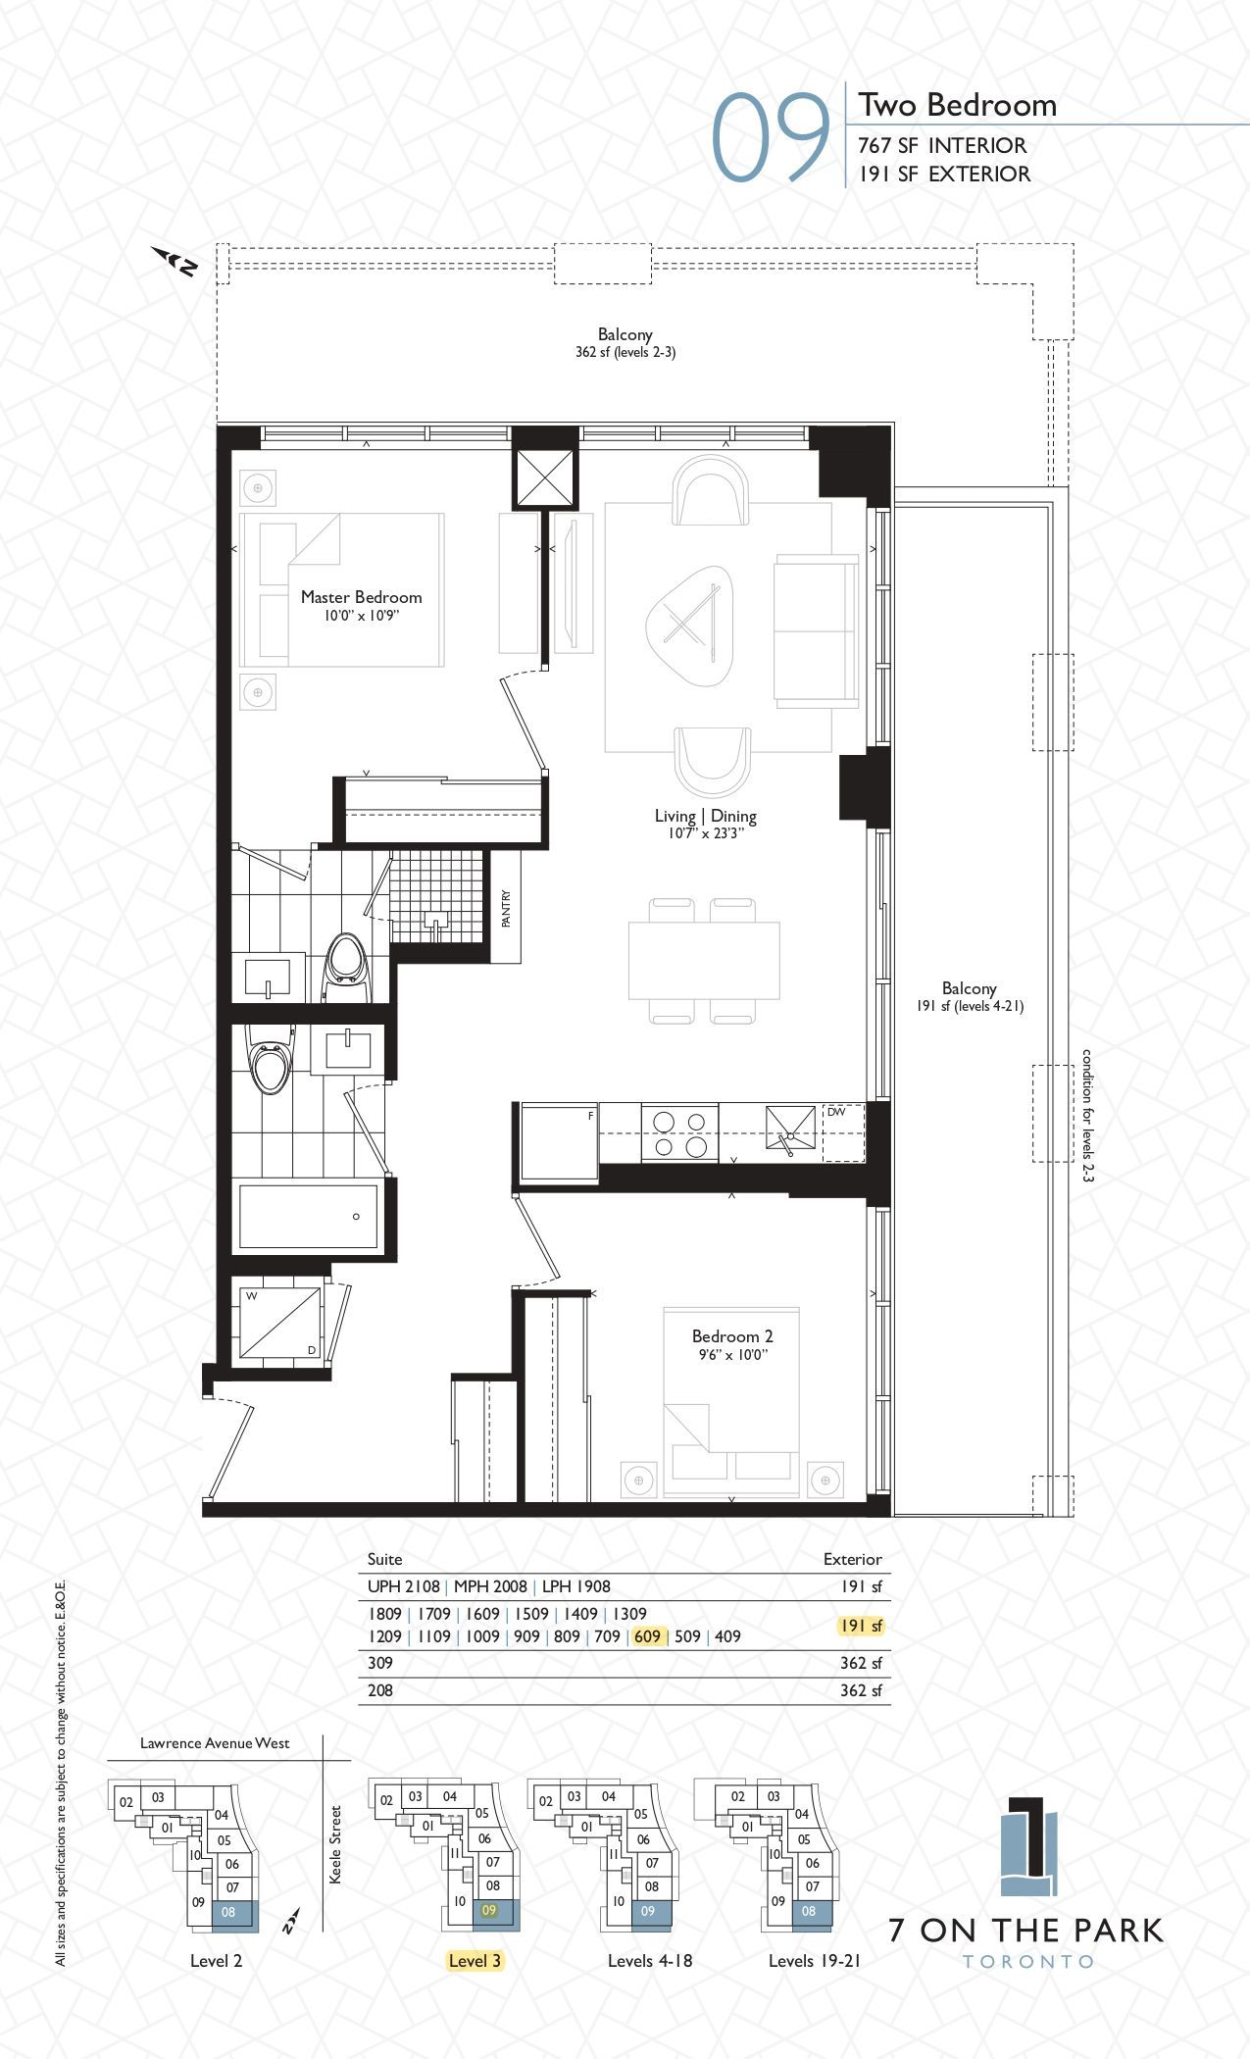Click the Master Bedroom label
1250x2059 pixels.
pyautogui.click(x=361, y=597)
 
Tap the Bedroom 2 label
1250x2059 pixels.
pyautogui.click(x=732, y=1336)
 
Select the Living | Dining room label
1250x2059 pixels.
pyautogui.click(x=706, y=816)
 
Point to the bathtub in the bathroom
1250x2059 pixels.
pyautogui.click(x=308, y=1217)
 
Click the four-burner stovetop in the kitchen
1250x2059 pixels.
pyautogui.click(x=679, y=1132)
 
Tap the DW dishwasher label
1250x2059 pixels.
pyautogui.click(x=835, y=1112)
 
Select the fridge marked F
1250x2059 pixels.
pyautogui.click(x=559, y=1141)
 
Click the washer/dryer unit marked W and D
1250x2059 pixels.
pyautogui.click(x=281, y=1323)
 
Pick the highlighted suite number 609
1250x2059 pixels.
pyautogui.click(x=647, y=1636)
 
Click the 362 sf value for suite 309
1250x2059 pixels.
pyautogui.click(x=861, y=1663)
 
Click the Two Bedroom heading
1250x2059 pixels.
pyautogui.click(x=958, y=105)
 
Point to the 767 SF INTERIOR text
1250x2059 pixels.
pyautogui.click(x=942, y=145)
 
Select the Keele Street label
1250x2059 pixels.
pyautogui.click(x=335, y=1844)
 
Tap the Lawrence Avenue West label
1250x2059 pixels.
pyautogui.click(x=215, y=1742)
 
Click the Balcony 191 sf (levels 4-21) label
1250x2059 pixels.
pyautogui.click(x=970, y=996)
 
